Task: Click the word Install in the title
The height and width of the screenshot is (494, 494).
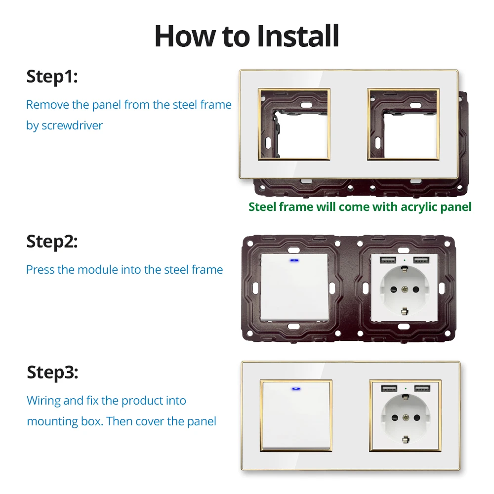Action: click(298, 36)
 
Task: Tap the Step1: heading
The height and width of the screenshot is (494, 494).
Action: click(52, 77)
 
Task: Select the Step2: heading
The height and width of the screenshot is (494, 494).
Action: click(52, 242)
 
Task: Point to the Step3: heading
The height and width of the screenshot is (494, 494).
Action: click(52, 373)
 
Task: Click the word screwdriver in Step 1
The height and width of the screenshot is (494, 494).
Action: click(72, 125)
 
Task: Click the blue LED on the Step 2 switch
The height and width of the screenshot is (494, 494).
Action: click(294, 260)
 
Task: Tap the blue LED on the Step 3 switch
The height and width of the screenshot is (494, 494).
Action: click(296, 389)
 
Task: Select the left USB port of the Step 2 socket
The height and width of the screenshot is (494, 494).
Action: click(388, 260)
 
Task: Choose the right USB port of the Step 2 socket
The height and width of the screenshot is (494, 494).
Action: click(421, 260)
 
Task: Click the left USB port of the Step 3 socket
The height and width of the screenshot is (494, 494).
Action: click(389, 388)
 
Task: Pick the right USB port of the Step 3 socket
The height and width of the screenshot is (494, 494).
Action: click(422, 388)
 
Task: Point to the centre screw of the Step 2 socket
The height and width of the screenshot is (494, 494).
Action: click(405, 289)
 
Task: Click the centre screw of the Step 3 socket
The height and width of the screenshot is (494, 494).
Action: click(406, 418)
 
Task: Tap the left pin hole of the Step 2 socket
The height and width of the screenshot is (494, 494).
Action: click(393, 289)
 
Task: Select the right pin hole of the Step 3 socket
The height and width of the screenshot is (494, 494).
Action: click(417, 418)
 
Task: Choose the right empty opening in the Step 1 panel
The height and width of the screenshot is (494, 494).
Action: click(411, 135)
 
